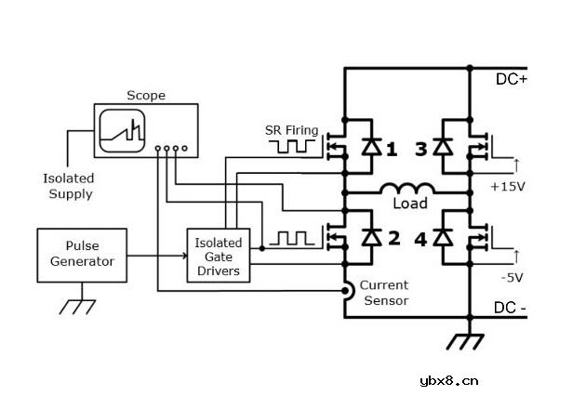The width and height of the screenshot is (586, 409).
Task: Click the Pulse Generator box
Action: point(82,256)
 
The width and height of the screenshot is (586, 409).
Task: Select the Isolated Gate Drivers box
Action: point(219,256)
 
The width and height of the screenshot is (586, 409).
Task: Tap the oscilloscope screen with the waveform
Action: point(122,131)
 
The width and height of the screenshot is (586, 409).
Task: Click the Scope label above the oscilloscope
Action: point(146,95)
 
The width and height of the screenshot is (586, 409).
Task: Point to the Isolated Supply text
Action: point(69,186)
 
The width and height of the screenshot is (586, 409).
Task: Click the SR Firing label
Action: point(291,130)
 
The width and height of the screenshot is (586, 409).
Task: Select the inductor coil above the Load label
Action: point(407,189)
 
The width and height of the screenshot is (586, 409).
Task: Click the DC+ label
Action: point(512,79)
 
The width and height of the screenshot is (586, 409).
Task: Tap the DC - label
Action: point(510,308)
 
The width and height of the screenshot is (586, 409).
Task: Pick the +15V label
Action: point(508,187)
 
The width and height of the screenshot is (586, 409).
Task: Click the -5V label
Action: point(512,278)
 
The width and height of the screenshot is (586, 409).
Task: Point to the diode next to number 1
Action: point(372,146)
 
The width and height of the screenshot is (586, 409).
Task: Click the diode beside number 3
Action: point(443,146)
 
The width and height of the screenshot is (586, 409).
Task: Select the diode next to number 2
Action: point(372,237)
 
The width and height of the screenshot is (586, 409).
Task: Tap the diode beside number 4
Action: point(443,237)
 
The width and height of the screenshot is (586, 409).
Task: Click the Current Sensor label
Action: point(385,293)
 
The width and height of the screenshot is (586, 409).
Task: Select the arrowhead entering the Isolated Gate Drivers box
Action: point(184,256)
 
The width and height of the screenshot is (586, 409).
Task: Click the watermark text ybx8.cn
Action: point(449,381)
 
